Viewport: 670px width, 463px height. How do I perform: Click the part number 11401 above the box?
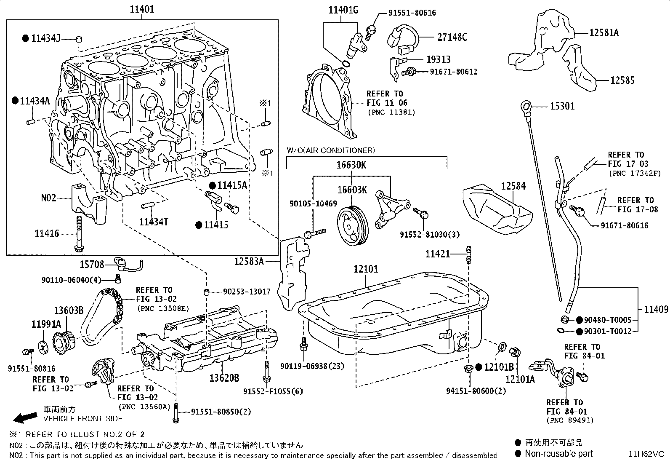pos(142,9)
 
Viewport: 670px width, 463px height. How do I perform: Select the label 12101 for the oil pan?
pos(366,269)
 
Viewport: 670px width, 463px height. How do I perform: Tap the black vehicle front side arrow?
pos(25,418)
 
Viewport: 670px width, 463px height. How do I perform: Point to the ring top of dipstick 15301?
pos(526,106)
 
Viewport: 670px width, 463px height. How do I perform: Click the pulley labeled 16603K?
pos(353,225)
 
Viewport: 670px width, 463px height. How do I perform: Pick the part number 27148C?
pos(452,37)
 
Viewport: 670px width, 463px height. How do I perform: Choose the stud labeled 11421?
pos(469,255)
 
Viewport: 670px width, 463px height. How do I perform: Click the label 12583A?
pos(249,262)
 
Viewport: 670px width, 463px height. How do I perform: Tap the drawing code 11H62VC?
pos(646,454)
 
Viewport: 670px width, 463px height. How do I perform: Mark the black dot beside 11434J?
pos(26,38)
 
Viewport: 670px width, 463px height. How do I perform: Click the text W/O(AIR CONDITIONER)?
pos(330,150)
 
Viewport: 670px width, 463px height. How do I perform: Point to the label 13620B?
pos(224,378)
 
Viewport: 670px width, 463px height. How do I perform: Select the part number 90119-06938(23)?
pos(312,366)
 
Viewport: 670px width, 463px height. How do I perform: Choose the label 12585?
pos(622,80)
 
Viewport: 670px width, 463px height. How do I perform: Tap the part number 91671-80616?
pos(624,225)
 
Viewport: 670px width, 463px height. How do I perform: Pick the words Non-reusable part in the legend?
pos(559,454)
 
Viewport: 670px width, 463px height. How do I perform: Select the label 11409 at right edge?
pos(656,309)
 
